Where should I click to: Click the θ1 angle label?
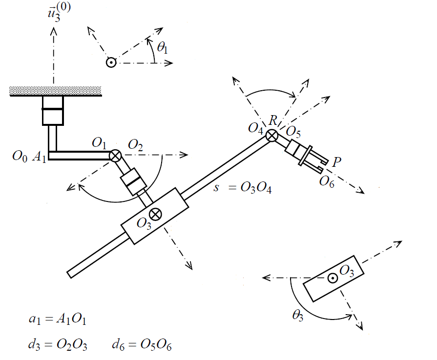point(163,48)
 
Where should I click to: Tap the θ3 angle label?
point(297,316)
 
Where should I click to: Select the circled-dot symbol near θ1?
point(111,62)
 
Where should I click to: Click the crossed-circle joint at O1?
point(115,155)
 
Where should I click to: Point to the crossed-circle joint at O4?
point(272,135)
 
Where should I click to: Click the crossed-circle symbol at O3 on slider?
point(156,213)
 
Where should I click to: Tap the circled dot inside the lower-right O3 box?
point(332,278)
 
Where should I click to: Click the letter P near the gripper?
point(336,161)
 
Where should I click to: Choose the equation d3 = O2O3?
point(58,345)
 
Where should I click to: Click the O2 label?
point(135,144)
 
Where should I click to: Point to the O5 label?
point(293,132)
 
